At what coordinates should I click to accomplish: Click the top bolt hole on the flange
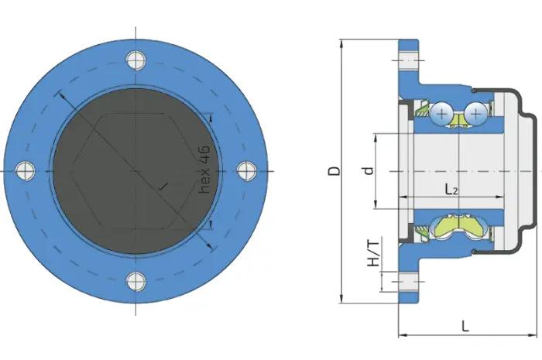coord(135,60)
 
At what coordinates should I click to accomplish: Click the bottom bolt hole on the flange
coord(135,281)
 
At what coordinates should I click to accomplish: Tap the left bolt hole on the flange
coord(26,170)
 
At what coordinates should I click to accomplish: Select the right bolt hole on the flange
coord(246,170)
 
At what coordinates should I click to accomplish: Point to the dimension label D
coord(334,170)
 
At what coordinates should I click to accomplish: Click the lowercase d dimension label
coord(369,170)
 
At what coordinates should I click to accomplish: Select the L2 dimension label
coord(451,190)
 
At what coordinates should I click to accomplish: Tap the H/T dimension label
coord(372,254)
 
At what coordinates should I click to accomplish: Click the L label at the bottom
coord(465,325)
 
